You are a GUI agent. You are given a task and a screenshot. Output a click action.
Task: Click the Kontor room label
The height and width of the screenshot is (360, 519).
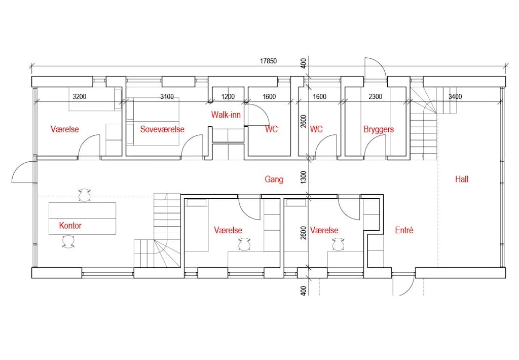click(x=70, y=226)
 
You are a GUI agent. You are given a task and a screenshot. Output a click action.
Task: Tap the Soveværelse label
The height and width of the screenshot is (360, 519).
click(x=162, y=129)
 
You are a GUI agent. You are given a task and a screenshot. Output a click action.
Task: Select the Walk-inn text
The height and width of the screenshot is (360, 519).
click(x=226, y=115)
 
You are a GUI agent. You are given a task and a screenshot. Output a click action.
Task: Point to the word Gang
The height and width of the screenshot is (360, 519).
click(x=274, y=179)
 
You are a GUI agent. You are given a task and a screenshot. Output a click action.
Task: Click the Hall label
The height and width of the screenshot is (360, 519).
click(x=461, y=179)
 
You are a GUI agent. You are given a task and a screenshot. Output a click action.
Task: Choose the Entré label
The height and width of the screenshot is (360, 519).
click(x=404, y=230)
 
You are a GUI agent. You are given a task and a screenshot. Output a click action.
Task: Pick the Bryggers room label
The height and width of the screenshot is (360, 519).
click(x=378, y=129)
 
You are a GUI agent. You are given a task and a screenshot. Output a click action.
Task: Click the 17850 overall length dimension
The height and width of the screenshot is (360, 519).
click(x=268, y=61)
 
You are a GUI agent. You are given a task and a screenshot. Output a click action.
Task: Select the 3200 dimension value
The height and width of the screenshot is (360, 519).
click(x=79, y=96)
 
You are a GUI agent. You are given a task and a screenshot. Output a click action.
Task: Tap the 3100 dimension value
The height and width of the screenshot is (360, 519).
click(x=167, y=96)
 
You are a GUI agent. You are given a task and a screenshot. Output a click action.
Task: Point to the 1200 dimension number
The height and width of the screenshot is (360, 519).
click(x=228, y=96)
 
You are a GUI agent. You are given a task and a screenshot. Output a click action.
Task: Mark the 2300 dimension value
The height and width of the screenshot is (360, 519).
click(x=375, y=96)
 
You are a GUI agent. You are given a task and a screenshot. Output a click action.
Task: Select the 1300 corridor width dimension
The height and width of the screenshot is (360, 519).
click(x=304, y=177)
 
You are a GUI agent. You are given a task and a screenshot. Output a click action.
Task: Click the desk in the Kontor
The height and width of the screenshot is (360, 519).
click(x=82, y=218)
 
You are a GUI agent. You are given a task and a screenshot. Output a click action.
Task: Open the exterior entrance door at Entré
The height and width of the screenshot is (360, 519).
click(x=403, y=286)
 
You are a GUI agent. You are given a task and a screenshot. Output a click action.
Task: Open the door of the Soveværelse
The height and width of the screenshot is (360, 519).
click(x=193, y=147)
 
